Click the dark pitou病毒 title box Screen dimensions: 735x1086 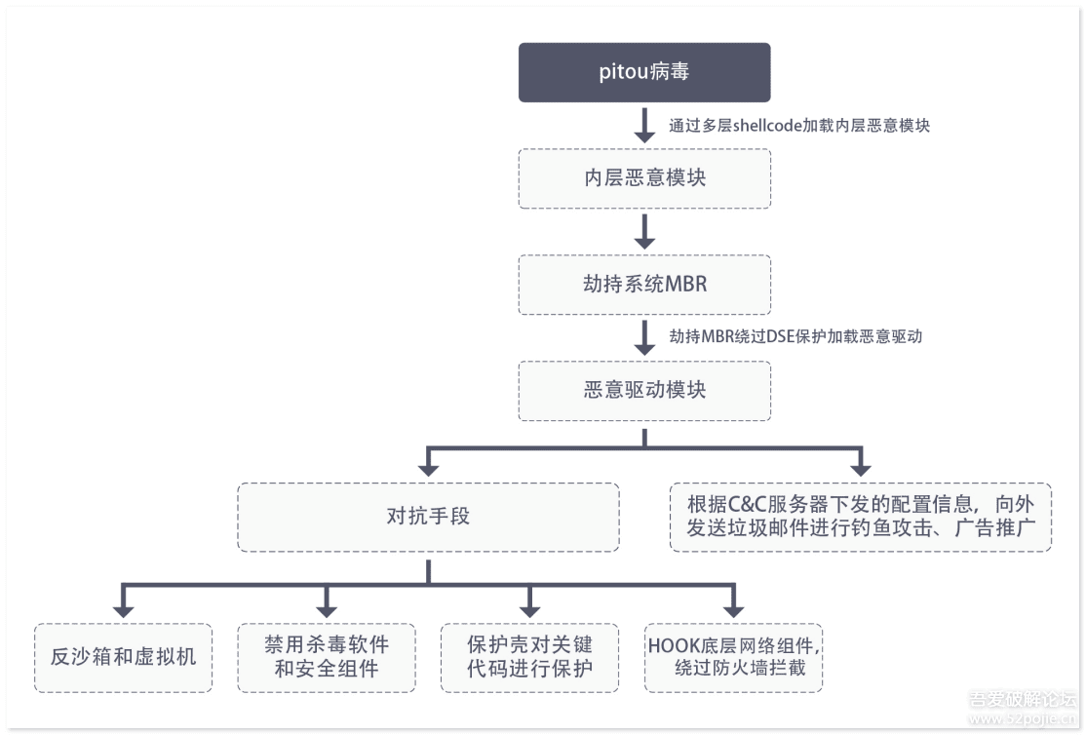click(644, 72)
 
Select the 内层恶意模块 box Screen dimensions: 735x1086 click(644, 178)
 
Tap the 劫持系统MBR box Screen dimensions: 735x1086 click(644, 285)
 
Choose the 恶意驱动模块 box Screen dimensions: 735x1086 click(644, 391)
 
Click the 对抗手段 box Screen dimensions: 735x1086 click(428, 517)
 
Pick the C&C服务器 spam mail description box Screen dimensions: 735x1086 click(860, 517)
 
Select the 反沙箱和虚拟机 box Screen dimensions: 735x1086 click(123, 657)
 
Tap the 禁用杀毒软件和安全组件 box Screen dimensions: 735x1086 click(327, 657)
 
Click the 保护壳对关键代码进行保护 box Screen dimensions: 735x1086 click(529, 657)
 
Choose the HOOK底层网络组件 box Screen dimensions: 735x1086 click(733, 657)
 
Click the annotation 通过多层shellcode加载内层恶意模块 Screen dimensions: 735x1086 click(798, 126)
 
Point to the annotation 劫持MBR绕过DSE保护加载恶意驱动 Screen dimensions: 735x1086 click(795, 336)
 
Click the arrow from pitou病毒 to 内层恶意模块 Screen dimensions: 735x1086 click(644, 125)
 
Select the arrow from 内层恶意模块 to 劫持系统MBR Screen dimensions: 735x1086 click(644, 231)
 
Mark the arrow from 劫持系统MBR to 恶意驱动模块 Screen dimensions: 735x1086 click(644, 337)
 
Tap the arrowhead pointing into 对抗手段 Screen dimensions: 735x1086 click(428, 468)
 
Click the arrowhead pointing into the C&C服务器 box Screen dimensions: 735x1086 click(860, 468)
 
